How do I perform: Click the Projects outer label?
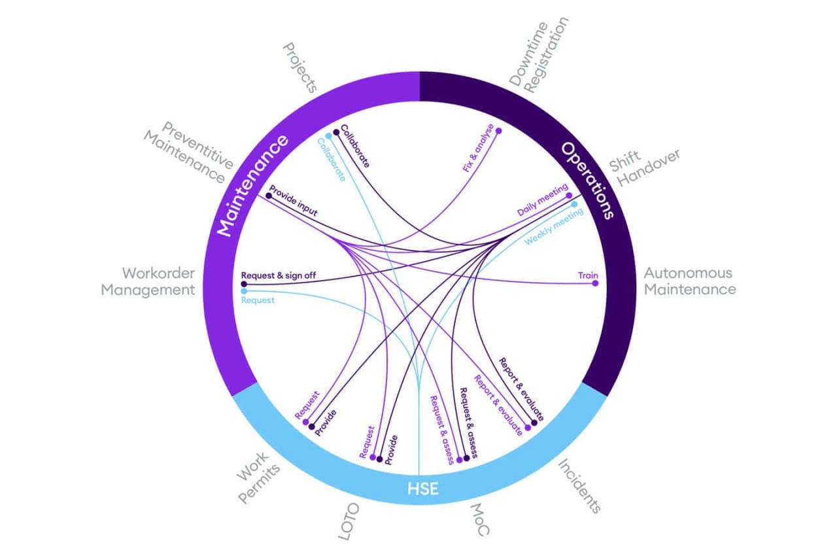[x=300, y=68]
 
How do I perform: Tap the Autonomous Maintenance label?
[x=689, y=281]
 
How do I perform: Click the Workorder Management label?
[x=148, y=281]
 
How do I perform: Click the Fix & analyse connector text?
[x=478, y=148]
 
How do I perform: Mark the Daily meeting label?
[x=541, y=201]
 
